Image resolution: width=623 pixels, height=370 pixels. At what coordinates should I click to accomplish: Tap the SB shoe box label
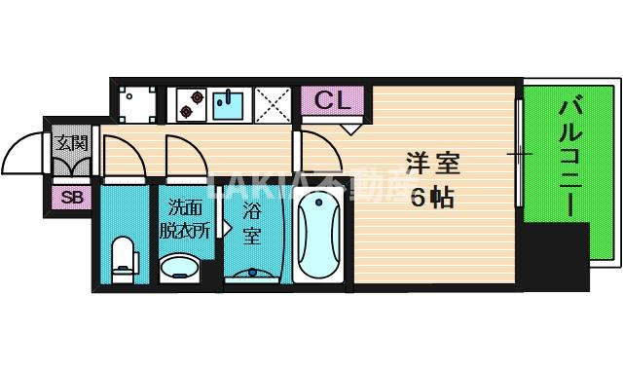pos(71,198)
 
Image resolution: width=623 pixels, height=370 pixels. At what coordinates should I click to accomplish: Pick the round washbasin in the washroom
pos(181,267)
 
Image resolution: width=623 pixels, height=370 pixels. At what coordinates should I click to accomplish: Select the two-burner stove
pos(188,103)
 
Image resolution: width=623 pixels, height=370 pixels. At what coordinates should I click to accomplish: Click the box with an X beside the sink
pos(274,103)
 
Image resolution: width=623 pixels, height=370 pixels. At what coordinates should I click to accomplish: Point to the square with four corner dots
pos(137,103)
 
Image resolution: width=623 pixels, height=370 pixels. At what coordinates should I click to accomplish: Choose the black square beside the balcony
pos(555,253)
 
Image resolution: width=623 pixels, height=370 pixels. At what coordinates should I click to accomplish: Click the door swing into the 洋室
pos(317,156)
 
